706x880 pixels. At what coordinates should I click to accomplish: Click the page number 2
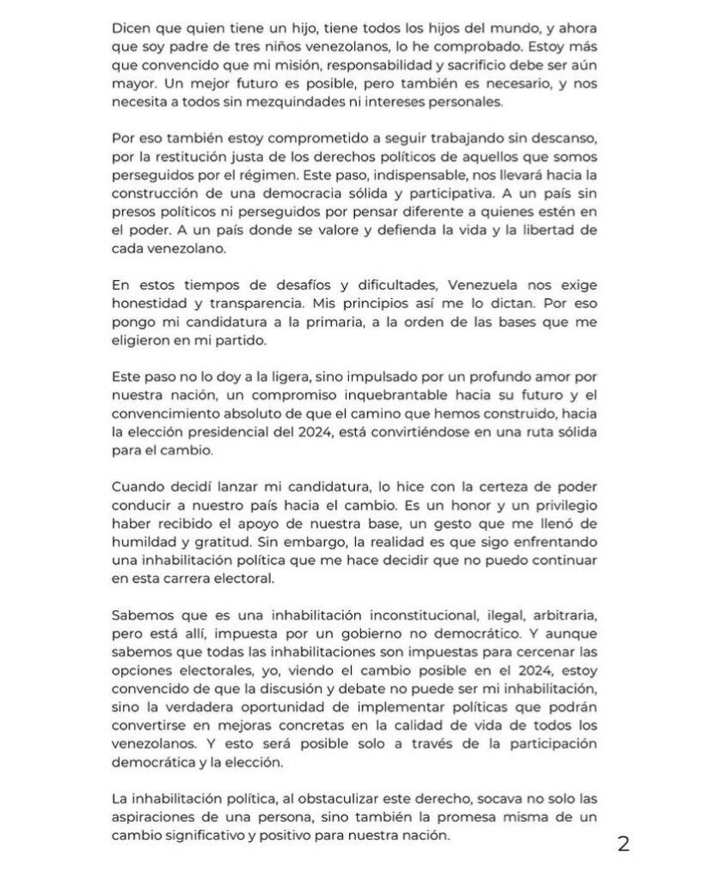tap(623, 844)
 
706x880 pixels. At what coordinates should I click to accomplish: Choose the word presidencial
tap(245, 432)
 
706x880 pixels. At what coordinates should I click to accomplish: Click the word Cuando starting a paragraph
tap(137, 488)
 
